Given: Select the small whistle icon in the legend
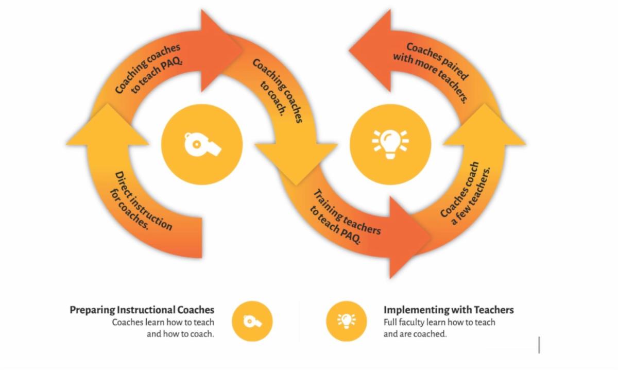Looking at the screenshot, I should tap(252, 322).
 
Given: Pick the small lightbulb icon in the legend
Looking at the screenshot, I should tap(346, 321).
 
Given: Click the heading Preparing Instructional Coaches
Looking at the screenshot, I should tap(142, 310).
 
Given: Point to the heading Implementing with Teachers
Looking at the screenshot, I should tap(448, 310).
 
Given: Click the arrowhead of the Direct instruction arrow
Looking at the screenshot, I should tap(107, 126).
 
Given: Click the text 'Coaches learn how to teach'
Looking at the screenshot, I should tap(163, 322).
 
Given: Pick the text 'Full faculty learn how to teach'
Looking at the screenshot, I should tap(439, 322).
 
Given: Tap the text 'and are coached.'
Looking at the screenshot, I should tap(415, 333).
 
